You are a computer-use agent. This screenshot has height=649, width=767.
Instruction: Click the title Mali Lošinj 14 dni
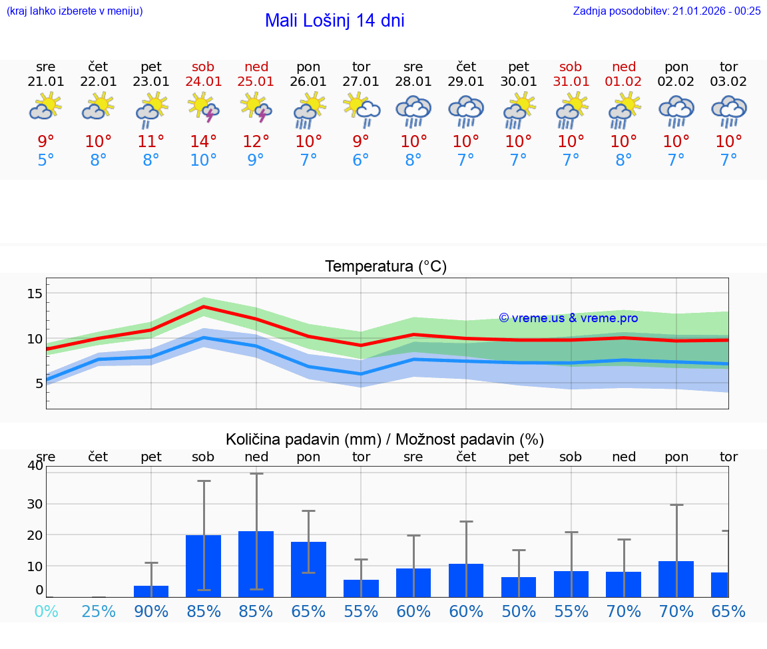[x=334, y=21]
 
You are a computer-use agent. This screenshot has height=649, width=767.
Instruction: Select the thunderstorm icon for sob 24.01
[x=204, y=107]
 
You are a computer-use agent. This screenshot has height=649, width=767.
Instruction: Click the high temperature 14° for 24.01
[x=204, y=141]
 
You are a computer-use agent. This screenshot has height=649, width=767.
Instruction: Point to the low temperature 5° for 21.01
[x=46, y=160]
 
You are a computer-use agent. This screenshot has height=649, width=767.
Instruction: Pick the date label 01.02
[x=624, y=82]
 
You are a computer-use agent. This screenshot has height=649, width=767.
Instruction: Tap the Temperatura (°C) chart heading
[x=385, y=266]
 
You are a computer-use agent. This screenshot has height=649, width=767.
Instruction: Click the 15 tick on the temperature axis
[x=35, y=294]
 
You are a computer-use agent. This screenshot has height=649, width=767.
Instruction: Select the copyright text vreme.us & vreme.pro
[x=569, y=318]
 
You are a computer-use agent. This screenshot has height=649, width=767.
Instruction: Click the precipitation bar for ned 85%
[x=256, y=564]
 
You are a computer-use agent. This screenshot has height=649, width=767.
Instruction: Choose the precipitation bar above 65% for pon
[x=309, y=569]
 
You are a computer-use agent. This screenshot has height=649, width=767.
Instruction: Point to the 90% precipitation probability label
[x=151, y=611]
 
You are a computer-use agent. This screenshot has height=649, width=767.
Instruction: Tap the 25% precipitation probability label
[x=99, y=611]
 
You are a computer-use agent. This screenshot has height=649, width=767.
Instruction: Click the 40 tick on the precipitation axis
[x=35, y=465]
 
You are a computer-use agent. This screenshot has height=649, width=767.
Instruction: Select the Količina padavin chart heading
[x=385, y=439]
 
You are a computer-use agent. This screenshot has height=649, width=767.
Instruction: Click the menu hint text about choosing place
[x=75, y=11]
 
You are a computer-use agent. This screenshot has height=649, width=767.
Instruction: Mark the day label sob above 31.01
[x=571, y=67]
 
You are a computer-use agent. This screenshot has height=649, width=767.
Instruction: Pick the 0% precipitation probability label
[x=46, y=611]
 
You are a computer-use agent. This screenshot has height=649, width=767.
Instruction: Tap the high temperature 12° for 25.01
[x=256, y=141]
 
